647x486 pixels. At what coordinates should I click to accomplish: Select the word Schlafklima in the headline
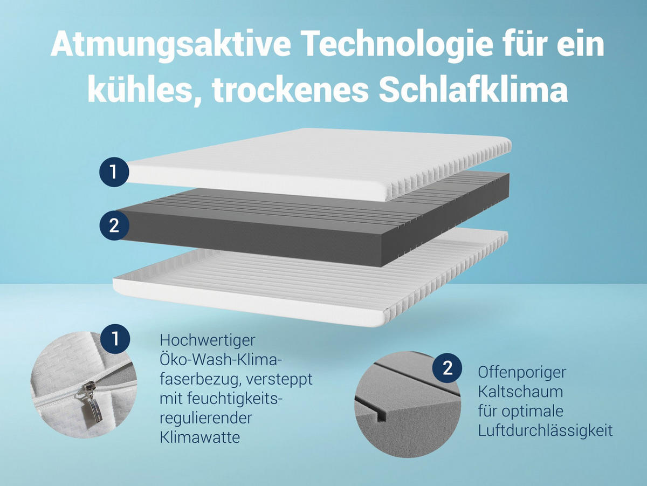474,90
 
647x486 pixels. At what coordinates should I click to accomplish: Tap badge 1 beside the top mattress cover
114,172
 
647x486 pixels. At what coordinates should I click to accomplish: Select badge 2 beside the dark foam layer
114,225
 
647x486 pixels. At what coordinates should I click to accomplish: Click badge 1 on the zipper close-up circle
115,339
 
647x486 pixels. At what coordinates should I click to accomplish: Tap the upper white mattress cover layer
318,162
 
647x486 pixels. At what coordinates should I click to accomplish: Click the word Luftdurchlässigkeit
545,430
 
